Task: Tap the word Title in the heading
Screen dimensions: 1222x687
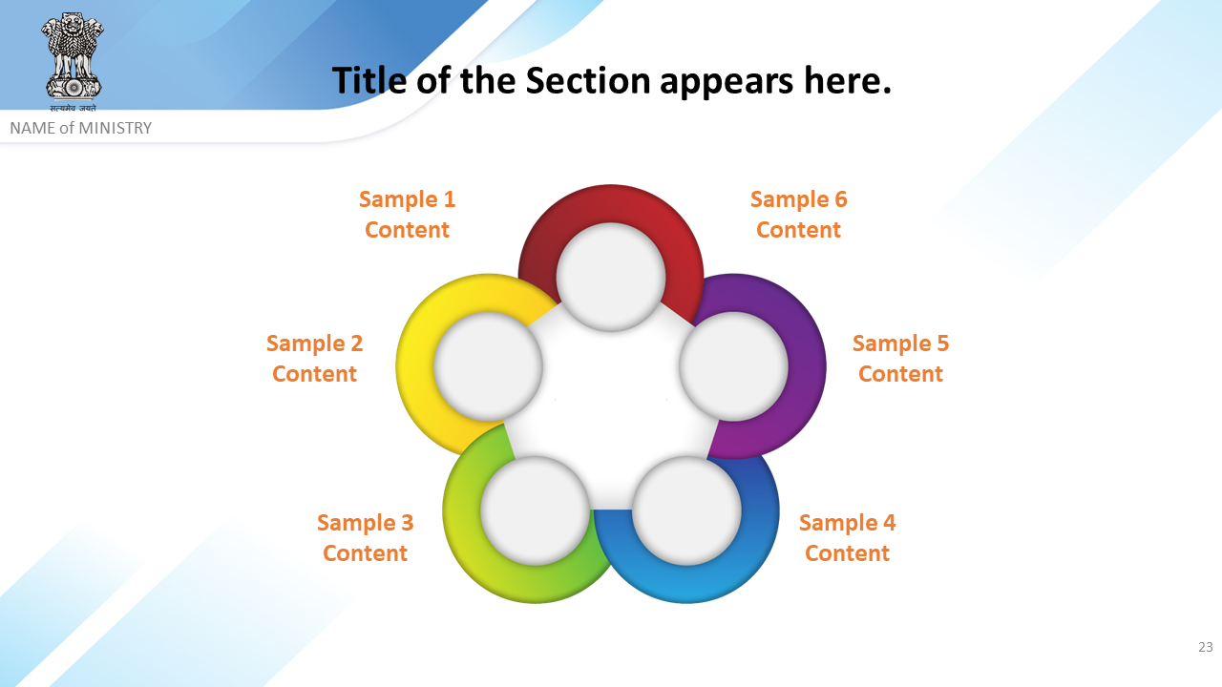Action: tap(369, 81)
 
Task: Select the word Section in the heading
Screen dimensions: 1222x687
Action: tap(587, 81)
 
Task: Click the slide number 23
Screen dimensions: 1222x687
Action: tap(1205, 647)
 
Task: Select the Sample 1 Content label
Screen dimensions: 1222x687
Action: tap(407, 215)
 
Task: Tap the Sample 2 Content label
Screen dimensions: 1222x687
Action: tap(314, 358)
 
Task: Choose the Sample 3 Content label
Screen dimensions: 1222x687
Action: tap(365, 537)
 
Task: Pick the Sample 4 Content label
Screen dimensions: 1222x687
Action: tap(847, 537)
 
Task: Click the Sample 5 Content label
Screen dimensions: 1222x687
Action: tap(900, 358)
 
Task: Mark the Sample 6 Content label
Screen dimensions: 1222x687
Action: tap(799, 215)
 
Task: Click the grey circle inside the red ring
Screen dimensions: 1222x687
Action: tap(611, 277)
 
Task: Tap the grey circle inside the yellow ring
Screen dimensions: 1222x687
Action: tap(488, 366)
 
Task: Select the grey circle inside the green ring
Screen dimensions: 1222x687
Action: tap(536, 510)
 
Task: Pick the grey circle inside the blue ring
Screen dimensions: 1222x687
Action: tap(686, 510)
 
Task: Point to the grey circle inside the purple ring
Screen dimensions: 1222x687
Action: tap(734, 366)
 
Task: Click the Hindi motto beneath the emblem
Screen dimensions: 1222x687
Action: tap(73, 108)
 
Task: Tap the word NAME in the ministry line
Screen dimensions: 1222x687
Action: tap(32, 128)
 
